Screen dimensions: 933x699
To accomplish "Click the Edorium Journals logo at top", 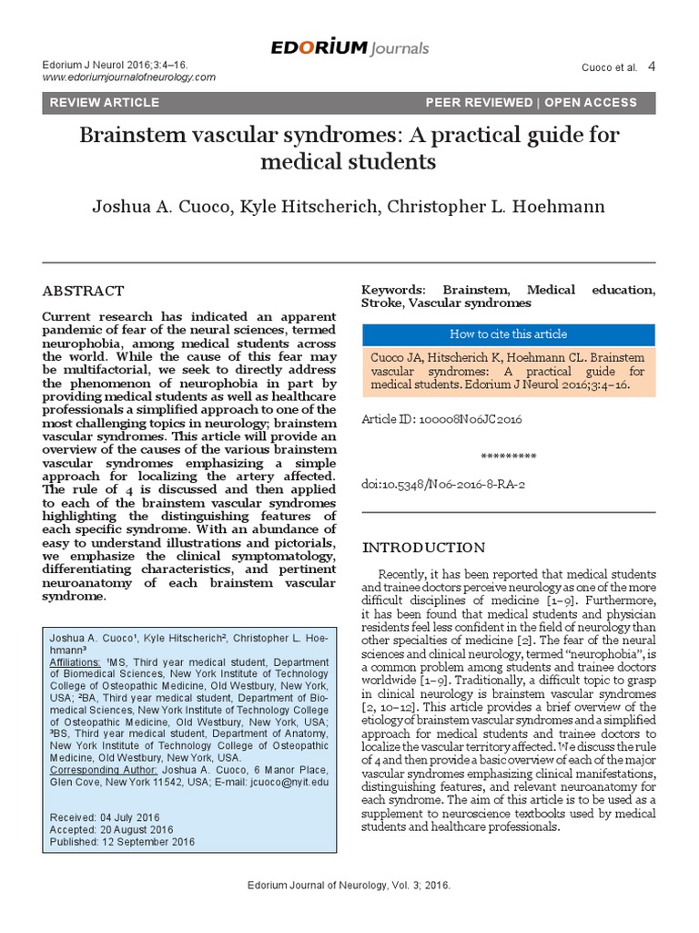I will (x=349, y=47).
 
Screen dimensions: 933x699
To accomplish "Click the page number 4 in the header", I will (x=651, y=66).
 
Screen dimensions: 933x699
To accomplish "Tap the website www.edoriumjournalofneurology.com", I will (x=129, y=77).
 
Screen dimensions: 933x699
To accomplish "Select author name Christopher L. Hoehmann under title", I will (x=495, y=206).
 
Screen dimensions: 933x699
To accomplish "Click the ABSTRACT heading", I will (x=84, y=291).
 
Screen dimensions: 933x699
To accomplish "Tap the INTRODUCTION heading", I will (x=424, y=548).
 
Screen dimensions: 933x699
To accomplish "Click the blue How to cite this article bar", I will (x=508, y=334).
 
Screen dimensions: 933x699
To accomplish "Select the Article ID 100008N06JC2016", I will (x=441, y=420).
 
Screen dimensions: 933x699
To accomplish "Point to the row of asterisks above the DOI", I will (x=507, y=456).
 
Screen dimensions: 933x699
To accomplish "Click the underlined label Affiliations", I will (x=76, y=663).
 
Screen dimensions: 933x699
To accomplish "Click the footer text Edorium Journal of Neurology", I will (x=349, y=886).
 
